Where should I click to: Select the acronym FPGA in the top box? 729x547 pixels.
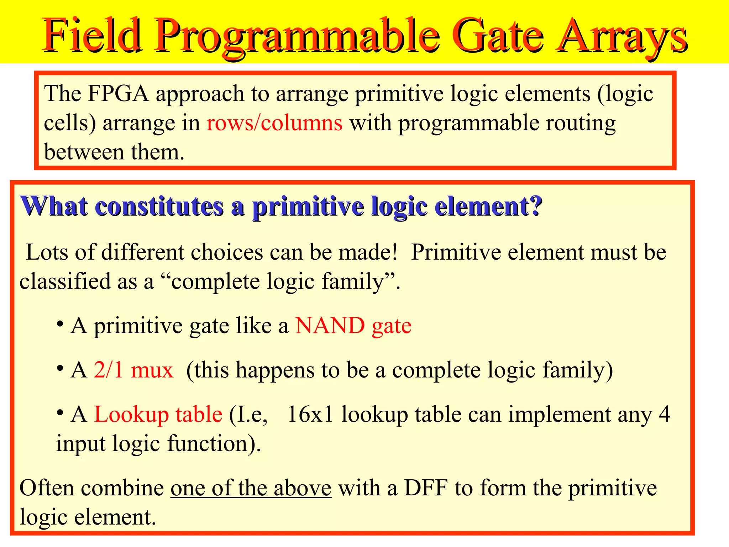pos(118,94)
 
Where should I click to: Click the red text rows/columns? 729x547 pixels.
pos(274,123)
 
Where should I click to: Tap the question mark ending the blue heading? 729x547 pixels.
pos(536,206)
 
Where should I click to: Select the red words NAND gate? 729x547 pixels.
pos(353,325)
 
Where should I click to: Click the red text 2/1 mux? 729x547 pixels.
pos(133,370)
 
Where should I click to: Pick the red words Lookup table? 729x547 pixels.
pos(158,415)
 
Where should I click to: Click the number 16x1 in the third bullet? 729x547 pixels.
pos(310,415)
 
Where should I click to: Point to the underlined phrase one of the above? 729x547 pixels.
pos(251,488)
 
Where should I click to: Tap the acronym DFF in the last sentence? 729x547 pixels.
pos(425,488)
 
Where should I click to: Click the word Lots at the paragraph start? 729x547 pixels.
pos(47,252)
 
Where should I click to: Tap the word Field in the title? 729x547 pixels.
pos(91,36)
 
